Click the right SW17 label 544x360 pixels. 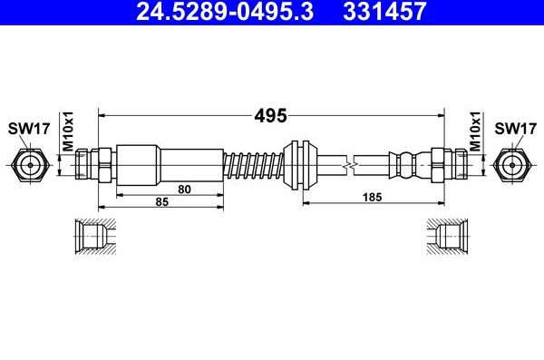tap(514, 129)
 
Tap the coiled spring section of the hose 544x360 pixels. tap(254, 165)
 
